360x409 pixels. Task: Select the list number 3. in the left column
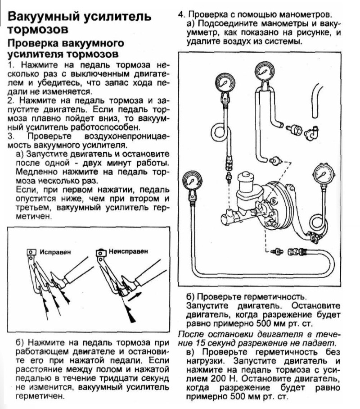12,136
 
